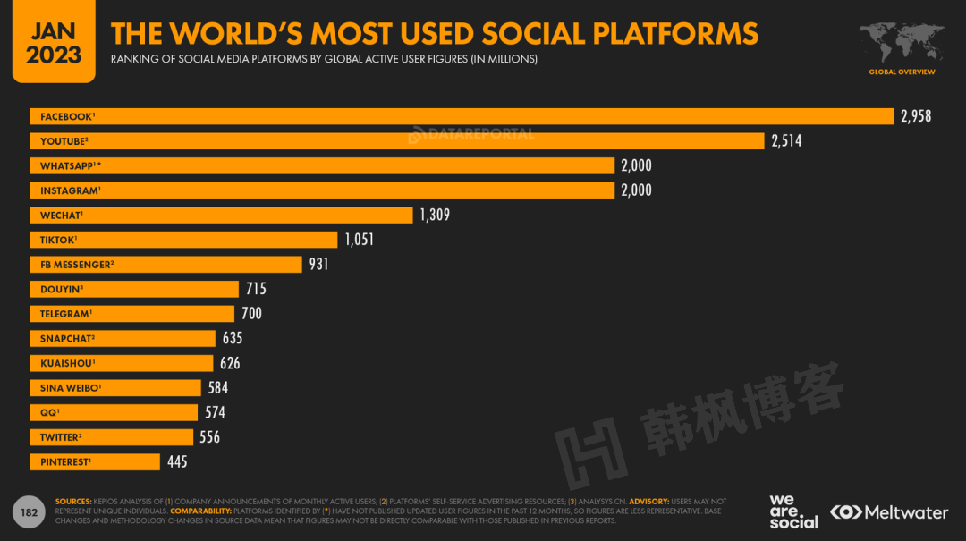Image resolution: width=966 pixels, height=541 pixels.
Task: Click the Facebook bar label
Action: pos(66,116)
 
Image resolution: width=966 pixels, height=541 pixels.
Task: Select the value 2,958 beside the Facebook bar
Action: pos(916,116)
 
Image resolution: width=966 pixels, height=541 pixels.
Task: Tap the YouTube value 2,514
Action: pos(786,140)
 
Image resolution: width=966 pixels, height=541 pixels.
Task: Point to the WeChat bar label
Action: pos(60,215)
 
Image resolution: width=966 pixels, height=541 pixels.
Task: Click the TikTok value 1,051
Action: pos(359,240)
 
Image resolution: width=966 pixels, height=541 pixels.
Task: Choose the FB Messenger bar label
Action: pos(75,265)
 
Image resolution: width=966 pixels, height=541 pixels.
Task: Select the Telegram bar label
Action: pos(65,314)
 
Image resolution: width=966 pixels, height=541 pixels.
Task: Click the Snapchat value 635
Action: pos(233,338)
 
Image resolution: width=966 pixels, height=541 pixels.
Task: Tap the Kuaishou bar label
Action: pos(66,363)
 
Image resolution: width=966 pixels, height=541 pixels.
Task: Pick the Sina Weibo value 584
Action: pos(217,387)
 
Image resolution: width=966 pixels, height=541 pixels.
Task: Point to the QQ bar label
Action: pos(49,412)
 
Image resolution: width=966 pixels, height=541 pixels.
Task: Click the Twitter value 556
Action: pos(209,437)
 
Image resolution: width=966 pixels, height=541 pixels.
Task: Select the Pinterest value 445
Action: pos(176,461)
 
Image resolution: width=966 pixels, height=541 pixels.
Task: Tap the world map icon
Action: pos(902,42)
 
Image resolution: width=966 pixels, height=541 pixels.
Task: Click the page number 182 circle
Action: pos(29,511)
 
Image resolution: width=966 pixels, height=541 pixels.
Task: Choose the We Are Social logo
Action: pos(793,511)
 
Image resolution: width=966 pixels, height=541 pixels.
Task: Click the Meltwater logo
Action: pos(889,512)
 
